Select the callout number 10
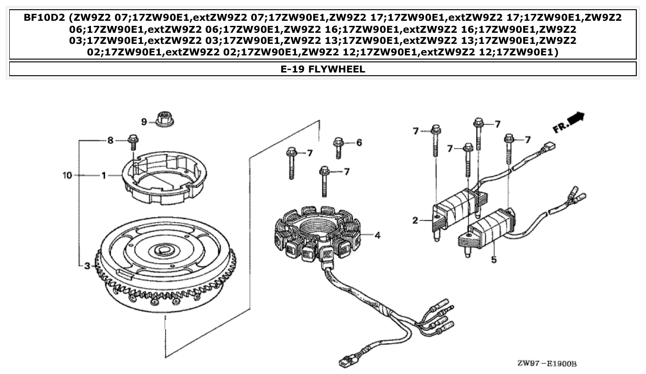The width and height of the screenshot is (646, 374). click(x=67, y=175)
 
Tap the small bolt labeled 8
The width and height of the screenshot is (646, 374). click(x=133, y=141)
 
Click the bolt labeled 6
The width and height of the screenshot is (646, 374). click(x=339, y=147)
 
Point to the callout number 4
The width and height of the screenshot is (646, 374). click(x=377, y=235)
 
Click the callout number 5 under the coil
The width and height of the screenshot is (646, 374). click(x=494, y=260)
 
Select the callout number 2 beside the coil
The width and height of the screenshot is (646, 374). click(x=415, y=221)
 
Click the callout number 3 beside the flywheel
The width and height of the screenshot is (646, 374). click(x=87, y=266)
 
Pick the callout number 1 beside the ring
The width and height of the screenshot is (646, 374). click(x=104, y=175)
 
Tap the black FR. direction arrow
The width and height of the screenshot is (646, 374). click(x=576, y=119)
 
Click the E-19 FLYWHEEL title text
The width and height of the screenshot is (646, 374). click(x=323, y=69)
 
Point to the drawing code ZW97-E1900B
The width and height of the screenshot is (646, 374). click(x=547, y=363)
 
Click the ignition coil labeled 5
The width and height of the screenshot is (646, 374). click(x=489, y=229)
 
